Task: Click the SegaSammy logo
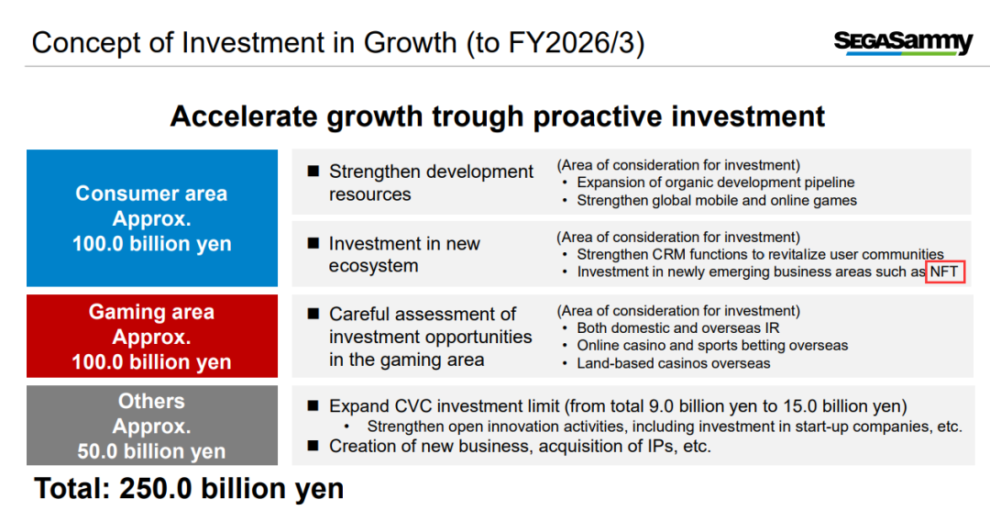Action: coord(903,43)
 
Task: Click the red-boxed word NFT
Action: coord(944,272)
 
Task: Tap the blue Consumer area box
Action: coord(152,218)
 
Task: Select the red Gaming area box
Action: coord(152,337)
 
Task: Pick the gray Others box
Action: coord(152,426)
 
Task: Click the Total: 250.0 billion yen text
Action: coord(189,489)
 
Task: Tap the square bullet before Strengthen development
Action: coord(313,171)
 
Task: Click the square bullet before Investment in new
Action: coord(313,243)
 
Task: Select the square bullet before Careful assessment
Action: coord(313,314)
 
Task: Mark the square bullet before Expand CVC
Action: coord(313,405)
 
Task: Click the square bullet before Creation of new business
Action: coord(313,446)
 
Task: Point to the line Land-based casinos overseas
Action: coord(674,363)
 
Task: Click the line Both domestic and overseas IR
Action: coord(678,328)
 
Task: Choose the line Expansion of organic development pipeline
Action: coord(716,183)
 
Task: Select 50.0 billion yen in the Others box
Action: coord(151,451)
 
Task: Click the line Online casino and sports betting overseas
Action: coord(713,346)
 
